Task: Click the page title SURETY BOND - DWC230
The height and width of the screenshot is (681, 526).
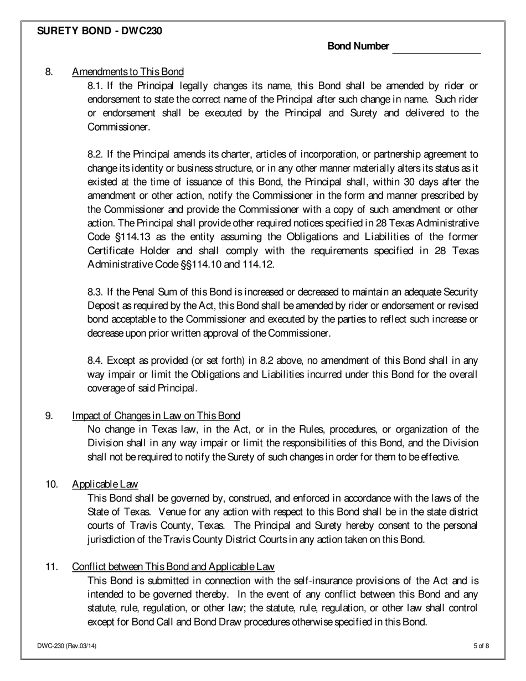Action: [100, 31]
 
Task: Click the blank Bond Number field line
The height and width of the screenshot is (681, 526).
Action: [436, 49]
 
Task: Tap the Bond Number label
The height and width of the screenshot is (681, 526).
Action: [358, 47]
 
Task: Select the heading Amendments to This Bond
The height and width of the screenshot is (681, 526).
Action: [128, 71]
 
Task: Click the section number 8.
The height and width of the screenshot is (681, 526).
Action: [49, 71]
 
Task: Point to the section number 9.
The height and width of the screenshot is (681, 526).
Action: [49, 416]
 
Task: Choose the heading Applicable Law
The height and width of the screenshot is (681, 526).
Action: [105, 484]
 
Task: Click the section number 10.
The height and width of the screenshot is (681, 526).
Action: [51, 484]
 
